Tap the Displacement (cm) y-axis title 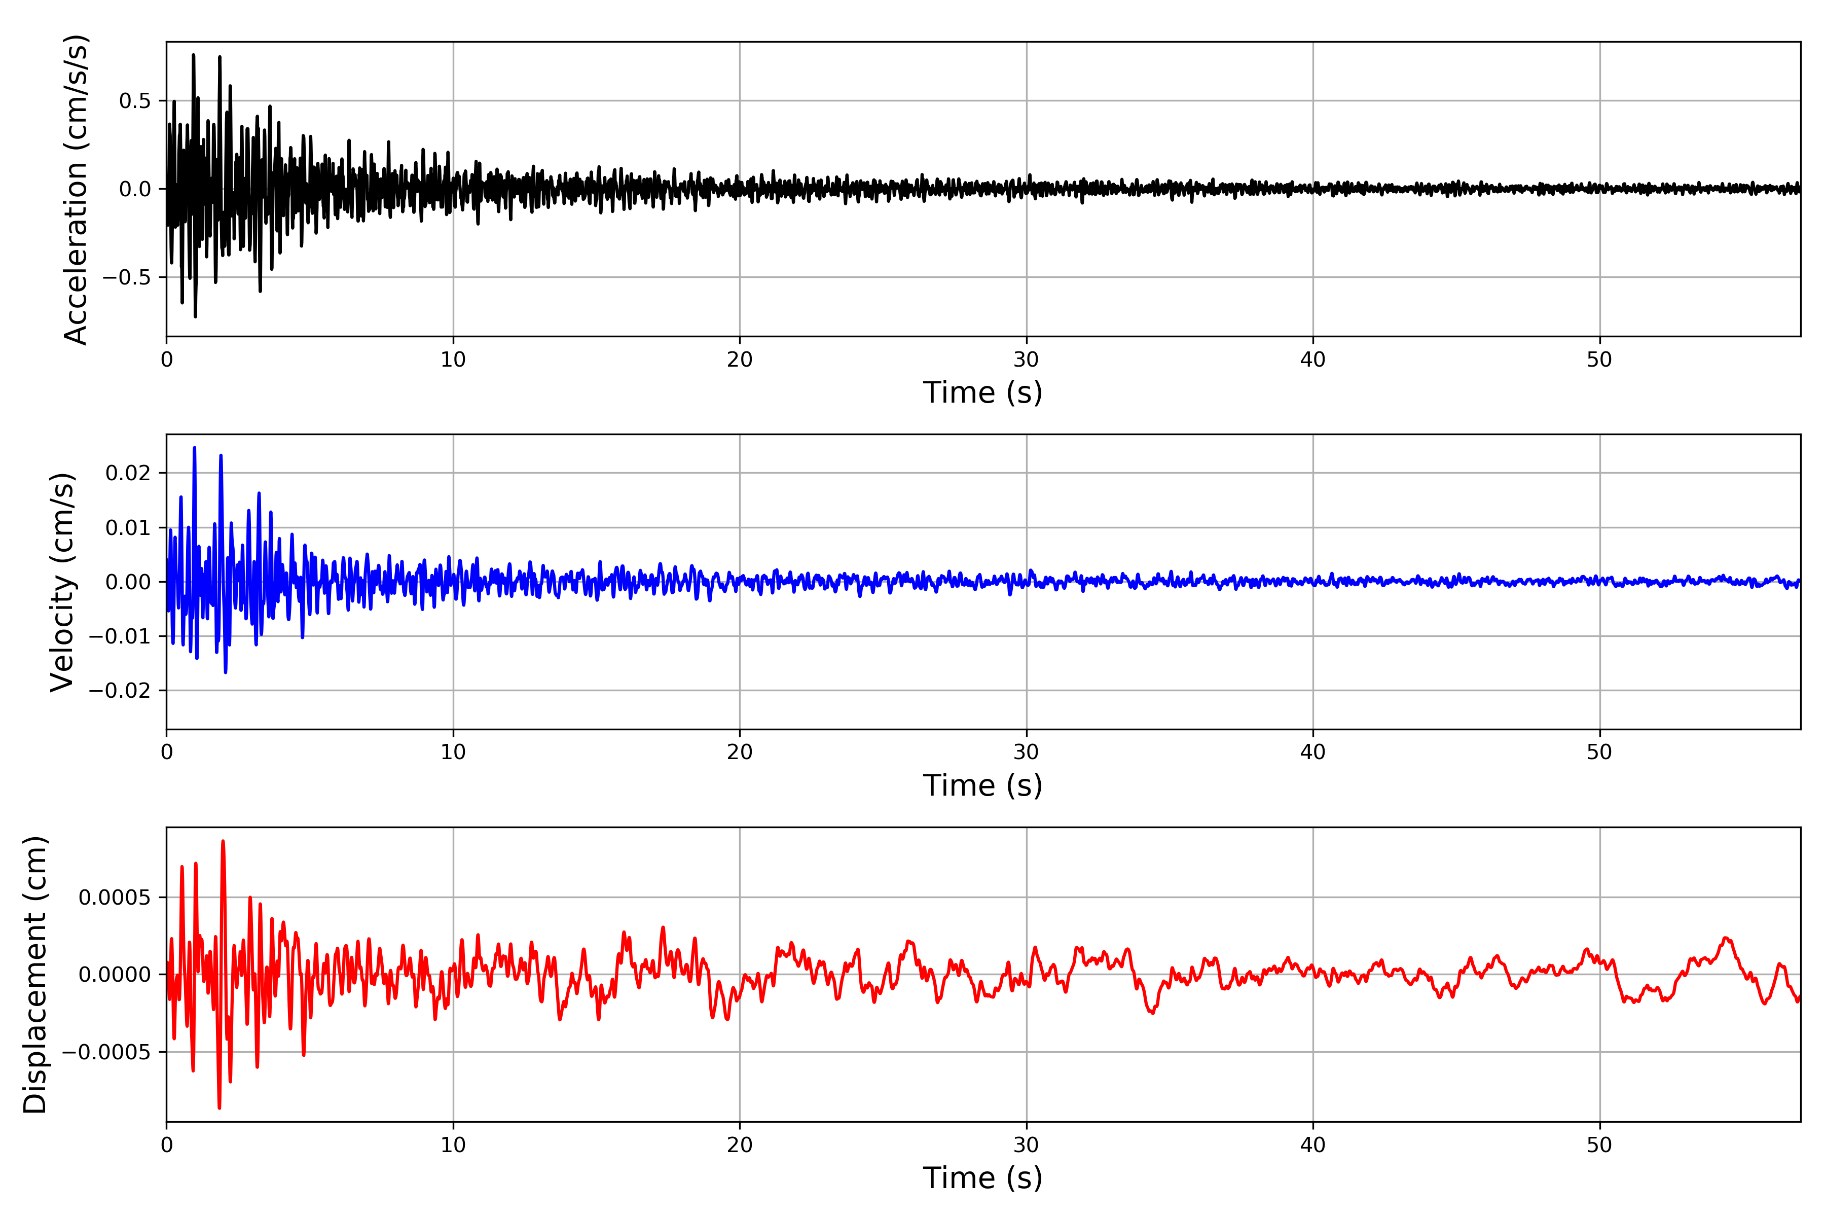tap(35, 974)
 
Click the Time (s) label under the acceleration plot tap(982, 392)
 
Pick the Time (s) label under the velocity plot tap(982, 785)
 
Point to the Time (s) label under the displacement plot tap(982, 1178)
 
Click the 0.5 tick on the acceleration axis tap(135, 101)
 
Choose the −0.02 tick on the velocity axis tap(120, 691)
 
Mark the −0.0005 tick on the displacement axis tap(106, 1053)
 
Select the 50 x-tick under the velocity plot tap(1599, 752)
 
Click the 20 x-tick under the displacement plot tap(740, 1145)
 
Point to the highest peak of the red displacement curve tap(223, 841)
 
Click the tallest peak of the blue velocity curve tap(194, 447)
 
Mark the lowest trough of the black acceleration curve tap(196, 316)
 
